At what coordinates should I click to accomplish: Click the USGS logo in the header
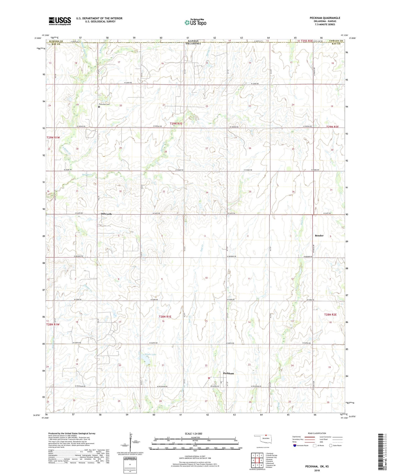(60, 21)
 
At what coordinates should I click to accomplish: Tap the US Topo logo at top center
(195, 22)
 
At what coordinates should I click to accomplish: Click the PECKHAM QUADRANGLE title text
(325, 18)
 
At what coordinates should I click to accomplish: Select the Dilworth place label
(106, 214)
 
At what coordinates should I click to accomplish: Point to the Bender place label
(319, 236)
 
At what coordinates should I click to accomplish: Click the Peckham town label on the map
(228, 373)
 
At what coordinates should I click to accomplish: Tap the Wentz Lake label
(150, 354)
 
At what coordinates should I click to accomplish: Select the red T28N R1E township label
(165, 317)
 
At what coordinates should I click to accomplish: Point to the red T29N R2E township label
(332, 127)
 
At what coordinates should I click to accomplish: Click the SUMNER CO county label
(54, 41)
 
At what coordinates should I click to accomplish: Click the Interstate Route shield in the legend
(295, 446)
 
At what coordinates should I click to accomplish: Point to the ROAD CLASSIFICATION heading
(317, 433)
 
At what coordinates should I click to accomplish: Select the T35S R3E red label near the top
(307, 41)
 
